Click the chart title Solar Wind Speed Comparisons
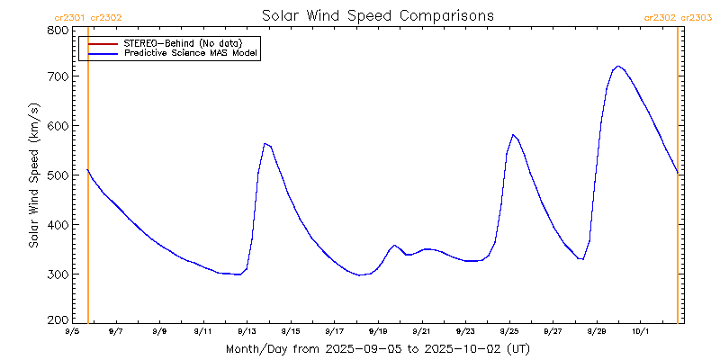(377, 15)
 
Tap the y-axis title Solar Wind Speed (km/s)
(33, 175)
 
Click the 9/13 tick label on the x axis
(247, 332)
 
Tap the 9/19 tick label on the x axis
(378, 332)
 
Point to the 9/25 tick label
(509, 332)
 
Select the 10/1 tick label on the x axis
(641, 332)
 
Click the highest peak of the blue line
(617, 66)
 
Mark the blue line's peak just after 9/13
(265, 143)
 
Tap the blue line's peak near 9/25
(512, 135)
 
